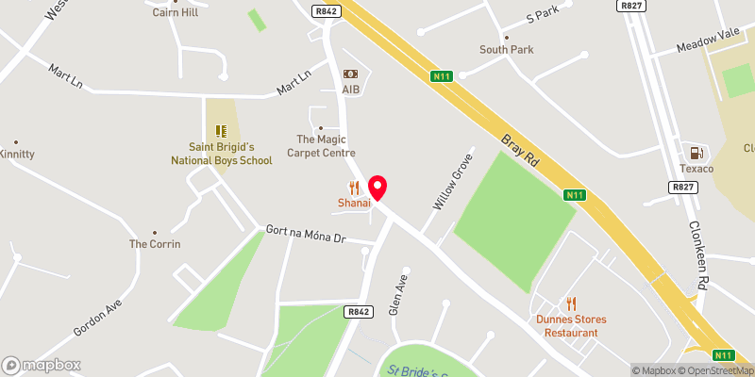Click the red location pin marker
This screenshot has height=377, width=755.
[378, 188]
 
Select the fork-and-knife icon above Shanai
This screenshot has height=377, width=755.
[355, 188]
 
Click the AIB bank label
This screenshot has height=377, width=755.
[351, 89]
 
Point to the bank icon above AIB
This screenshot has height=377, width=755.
[351, 74]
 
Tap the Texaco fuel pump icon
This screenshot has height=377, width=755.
[696, 153]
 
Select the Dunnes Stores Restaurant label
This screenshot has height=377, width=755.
[571, 325]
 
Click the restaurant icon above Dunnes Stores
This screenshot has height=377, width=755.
[571, 303]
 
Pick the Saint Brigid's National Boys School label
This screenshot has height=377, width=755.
[221, 154]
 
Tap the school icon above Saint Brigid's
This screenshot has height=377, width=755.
[221, 131]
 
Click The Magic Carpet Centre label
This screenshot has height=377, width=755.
[326, 146]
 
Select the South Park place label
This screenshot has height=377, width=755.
[506, 50]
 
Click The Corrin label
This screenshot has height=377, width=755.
[155, 244]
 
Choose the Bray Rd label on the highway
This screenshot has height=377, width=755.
[519, 150]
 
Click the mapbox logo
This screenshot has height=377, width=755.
[42, 365]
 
